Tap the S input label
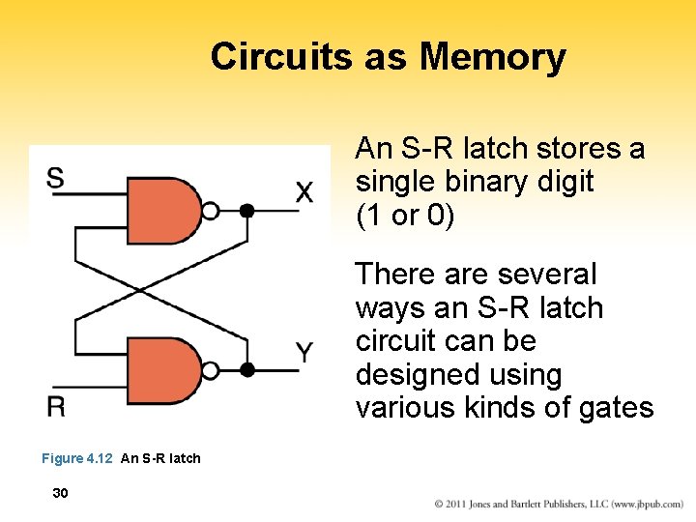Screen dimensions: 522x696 56,179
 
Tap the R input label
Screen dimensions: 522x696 56,406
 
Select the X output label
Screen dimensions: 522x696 304,192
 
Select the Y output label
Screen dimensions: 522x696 304,353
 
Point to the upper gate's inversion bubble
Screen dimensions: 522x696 211,210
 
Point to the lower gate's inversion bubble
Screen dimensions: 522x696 211,370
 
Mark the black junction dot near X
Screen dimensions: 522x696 247,210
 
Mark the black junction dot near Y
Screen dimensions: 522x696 247,369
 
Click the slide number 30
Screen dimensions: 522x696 60,493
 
